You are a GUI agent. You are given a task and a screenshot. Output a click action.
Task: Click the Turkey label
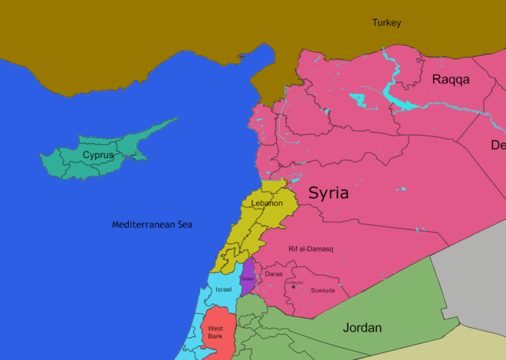[386, 23]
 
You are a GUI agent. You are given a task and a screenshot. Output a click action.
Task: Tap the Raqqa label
[451, 80]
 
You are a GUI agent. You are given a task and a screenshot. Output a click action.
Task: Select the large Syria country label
[328, 193]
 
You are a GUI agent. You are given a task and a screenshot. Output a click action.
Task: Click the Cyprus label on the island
[98, 155]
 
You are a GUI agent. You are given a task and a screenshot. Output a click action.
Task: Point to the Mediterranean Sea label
[152, 224]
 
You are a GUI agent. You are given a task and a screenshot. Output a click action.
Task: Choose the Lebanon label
[262, 204]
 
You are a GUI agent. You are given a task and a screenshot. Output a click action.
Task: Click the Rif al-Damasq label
[310, 249]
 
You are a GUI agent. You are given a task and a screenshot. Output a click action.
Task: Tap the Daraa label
[274, 273]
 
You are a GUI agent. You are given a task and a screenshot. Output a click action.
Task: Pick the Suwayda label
[322, 290]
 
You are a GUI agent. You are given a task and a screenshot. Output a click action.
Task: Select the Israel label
[223, 290]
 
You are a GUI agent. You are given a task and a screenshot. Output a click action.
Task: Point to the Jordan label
[362, 328]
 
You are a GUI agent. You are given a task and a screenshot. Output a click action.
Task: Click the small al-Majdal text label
[294, 283]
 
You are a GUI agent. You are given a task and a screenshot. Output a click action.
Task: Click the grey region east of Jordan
[472, 283]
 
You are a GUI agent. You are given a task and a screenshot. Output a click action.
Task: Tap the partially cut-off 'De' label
[498, 145]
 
